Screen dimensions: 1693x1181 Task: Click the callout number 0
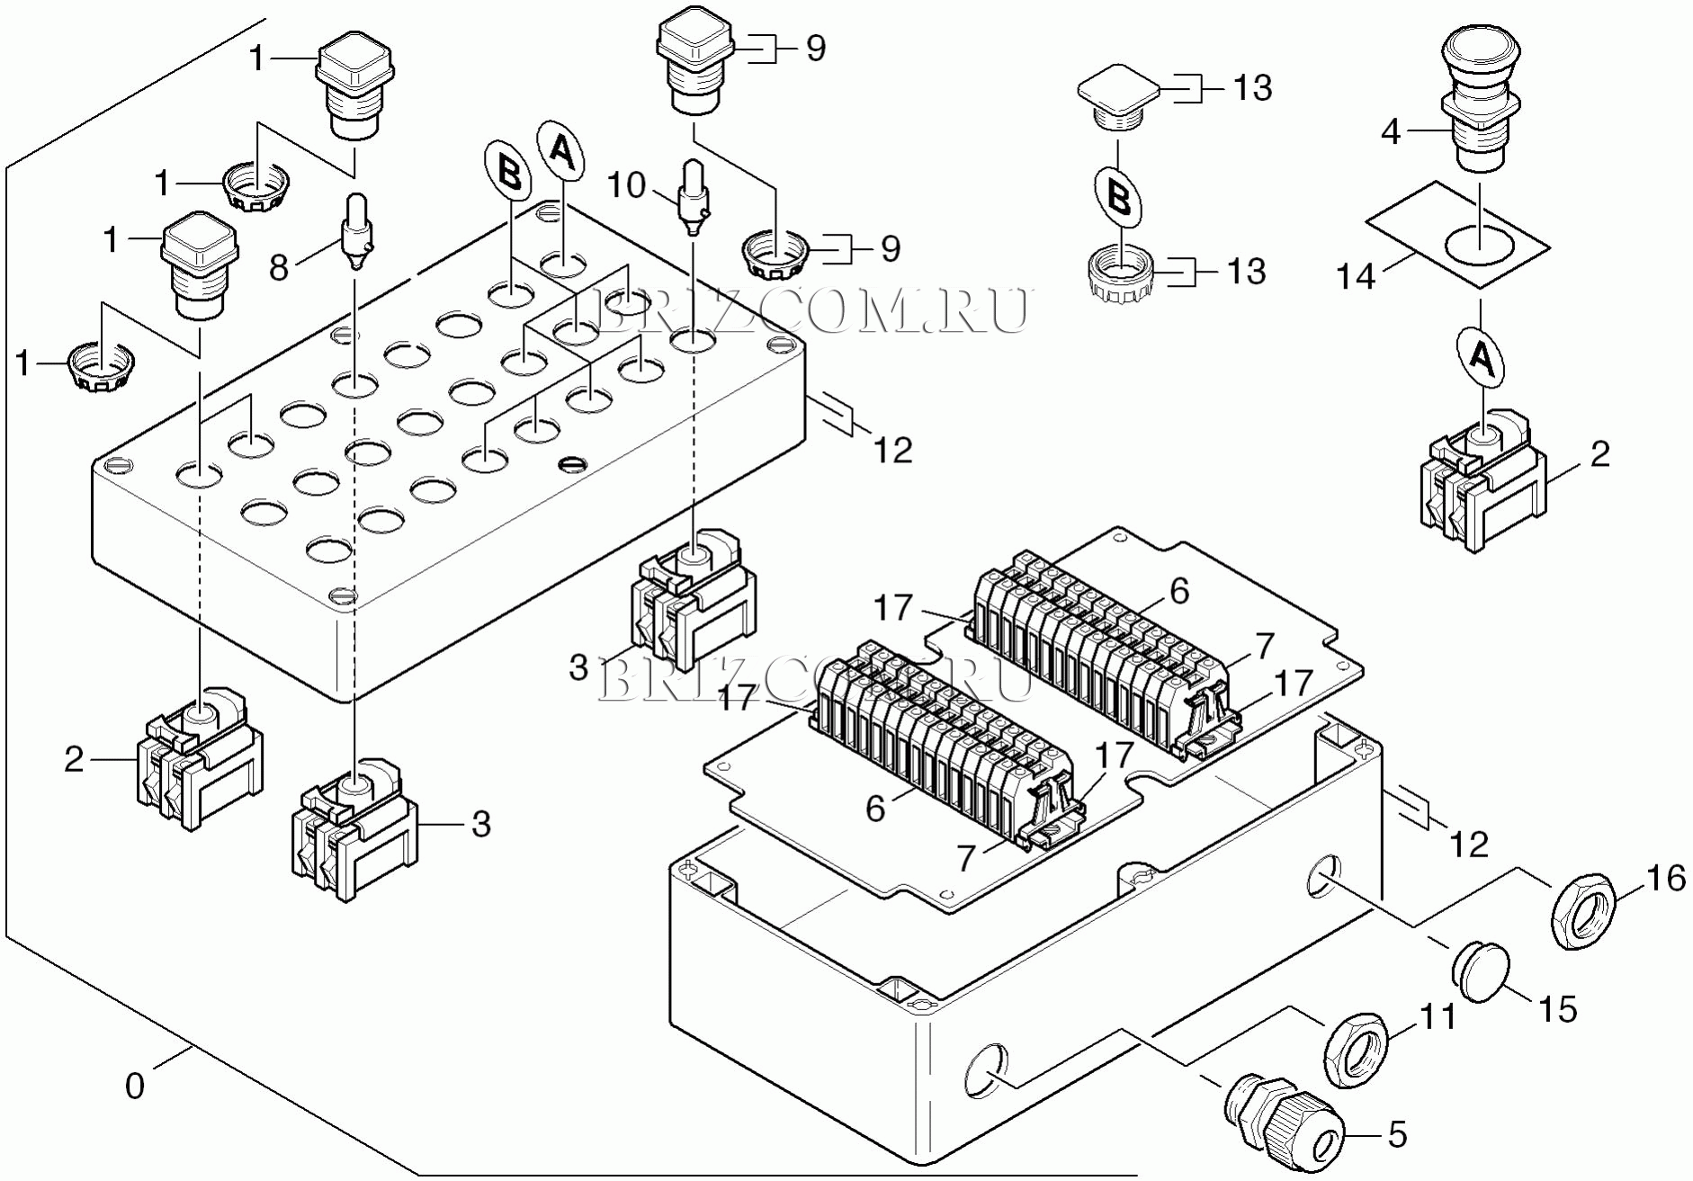(135, 1087)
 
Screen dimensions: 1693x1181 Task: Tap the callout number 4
(1392, 132)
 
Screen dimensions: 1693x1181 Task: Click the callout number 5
(1396, 1134)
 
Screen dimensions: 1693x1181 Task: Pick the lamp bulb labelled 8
(356, 232)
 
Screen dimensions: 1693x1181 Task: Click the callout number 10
(627, 186)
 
